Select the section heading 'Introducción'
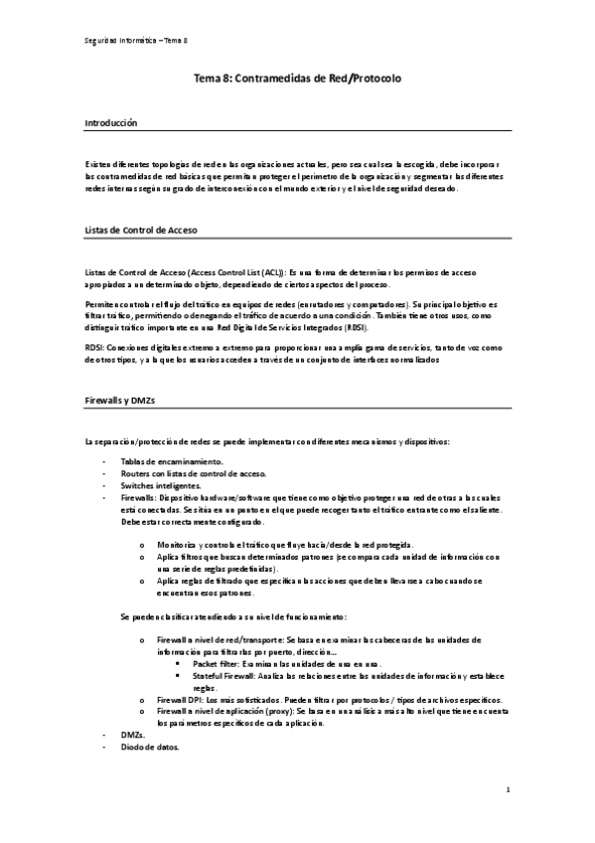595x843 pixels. coord(110,122)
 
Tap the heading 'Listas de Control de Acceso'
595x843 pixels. coord(140,231)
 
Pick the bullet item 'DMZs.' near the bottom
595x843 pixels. coord(133,734)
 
